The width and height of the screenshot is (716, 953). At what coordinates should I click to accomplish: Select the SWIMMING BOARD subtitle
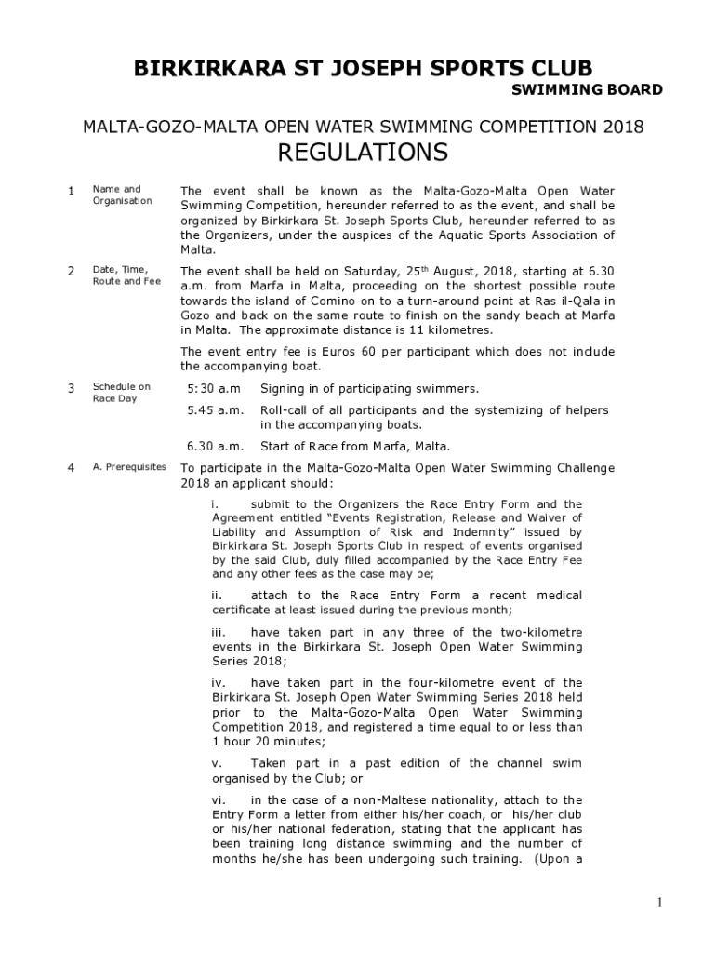[x=588, y=90]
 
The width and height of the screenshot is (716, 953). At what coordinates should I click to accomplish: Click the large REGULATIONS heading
[x=363, y=152]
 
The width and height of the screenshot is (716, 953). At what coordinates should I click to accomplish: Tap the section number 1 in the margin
[x=72, y=192]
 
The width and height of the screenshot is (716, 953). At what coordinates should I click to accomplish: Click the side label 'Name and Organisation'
[x=122, y=195]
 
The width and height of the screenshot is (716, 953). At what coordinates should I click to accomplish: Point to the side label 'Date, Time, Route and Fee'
[x=126, y=275]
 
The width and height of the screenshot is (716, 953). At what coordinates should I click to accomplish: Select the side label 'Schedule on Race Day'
[x=121, y=393]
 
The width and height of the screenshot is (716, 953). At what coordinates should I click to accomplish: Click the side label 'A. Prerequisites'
[x=129, y=467]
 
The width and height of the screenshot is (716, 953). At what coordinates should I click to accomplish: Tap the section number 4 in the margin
[x=72, y=468]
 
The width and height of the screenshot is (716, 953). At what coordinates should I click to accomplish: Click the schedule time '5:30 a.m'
[x=213, y=388]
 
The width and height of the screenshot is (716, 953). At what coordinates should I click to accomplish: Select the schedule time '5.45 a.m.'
[x=215, y=410]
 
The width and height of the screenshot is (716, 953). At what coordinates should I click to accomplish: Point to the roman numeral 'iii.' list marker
[x=220, y=633]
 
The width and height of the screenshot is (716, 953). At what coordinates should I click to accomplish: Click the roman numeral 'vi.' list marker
[x=219, y=800]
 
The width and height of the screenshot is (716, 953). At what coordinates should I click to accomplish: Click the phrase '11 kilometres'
[x=453, y=330]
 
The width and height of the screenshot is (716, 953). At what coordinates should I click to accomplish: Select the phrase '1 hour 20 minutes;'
[x=269, y=742]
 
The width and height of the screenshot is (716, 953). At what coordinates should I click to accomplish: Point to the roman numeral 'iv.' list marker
[x=220, y=683]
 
